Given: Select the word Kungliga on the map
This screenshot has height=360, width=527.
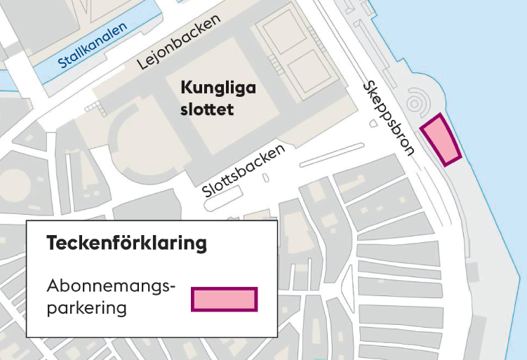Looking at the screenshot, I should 218,88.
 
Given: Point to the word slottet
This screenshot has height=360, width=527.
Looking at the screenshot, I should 206,110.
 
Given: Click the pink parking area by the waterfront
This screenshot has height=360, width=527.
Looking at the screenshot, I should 440,140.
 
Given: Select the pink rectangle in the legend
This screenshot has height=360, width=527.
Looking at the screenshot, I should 225,299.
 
